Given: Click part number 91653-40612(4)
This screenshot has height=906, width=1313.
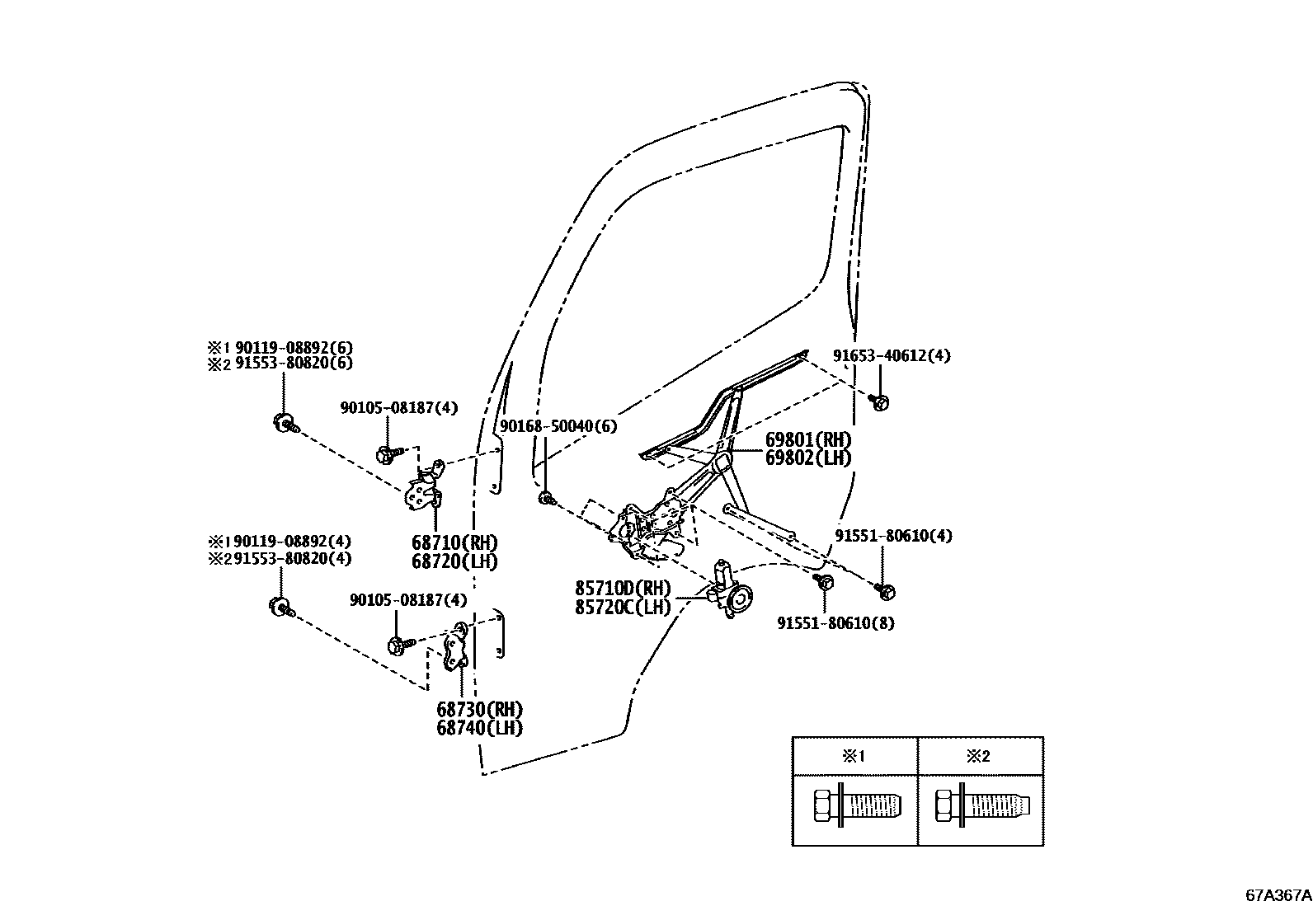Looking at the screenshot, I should point(891,356).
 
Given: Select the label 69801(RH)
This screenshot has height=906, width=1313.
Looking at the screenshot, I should point(807,440).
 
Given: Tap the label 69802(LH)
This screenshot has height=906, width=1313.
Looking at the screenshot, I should point(807,458).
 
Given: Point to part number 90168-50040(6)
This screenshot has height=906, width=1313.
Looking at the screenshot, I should point(558,426).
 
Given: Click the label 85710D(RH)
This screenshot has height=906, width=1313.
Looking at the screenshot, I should point(623,589).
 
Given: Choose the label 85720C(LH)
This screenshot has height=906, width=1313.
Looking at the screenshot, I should point(623,608).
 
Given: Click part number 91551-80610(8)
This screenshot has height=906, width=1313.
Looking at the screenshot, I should point(835,623).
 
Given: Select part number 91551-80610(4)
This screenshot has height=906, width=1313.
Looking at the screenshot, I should point(892,536).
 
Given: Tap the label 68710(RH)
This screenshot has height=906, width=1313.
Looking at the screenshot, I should point(454,543).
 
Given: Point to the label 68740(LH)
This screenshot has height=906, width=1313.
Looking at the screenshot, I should point(479,728).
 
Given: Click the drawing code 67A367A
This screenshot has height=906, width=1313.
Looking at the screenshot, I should point(1278,894).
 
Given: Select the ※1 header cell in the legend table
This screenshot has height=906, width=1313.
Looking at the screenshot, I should point(854,756).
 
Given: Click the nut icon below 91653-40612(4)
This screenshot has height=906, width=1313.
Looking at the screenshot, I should point(881,402).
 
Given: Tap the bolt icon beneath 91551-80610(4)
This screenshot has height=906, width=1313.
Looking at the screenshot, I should point(887,591).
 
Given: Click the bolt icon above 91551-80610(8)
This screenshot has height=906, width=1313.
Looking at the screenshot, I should point(823,582).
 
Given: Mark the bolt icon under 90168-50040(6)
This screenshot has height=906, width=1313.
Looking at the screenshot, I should point(546,498).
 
